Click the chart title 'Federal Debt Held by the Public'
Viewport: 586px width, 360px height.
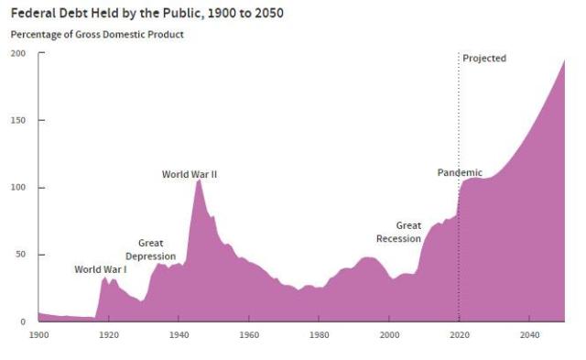click(x=146, y=14)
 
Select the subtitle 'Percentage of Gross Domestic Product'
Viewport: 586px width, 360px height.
click(x=97, y=35)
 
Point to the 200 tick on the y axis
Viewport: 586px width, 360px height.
click(x=18, y=53)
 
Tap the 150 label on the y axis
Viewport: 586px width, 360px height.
click(x=18, y=121)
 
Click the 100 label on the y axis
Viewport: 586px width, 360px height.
click(x=18, y=188)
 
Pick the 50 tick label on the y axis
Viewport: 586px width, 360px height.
click(x=20, y=255)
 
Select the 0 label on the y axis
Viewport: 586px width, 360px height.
click(x=23, y=322)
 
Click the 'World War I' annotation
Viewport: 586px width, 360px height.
click(x=101, y=269)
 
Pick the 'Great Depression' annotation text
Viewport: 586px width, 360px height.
click(x=150, y=250)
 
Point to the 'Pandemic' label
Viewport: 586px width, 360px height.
click(x=460, y=172)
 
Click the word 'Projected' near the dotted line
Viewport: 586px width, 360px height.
click(x=484, y=59)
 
